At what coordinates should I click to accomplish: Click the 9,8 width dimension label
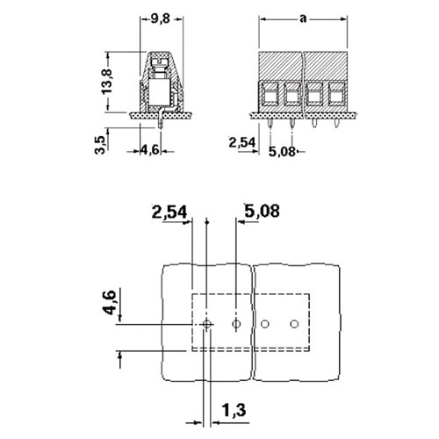tap(161, 19)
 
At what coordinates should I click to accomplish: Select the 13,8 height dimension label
tap(107, 82)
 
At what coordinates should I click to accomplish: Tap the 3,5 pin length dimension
tap(100, 145)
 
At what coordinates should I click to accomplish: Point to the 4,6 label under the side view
tap(150, 150)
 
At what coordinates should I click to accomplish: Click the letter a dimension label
tap(303, 18)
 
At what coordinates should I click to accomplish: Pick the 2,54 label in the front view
tap(242, 142)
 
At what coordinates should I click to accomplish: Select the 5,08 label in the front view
tap(282, 151)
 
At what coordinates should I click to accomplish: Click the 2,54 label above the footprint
tap(169, 212)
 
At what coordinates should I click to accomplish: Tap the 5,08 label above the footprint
tap(262, 211)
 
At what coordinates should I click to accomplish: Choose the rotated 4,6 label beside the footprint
tap(111, 302)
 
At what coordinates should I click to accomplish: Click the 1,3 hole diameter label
tap(234, 410)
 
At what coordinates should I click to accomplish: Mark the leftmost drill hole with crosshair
tap(207, 324)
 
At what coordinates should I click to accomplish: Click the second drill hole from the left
tap(236, 324)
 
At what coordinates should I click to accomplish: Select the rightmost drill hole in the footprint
tap(294, 324)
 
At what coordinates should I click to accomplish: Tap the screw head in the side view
tap(160, 62)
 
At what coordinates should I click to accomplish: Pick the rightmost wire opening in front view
tap(336, 95)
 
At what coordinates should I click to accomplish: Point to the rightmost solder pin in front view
tap(336, 124)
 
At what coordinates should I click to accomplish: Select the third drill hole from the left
tap(265, 324)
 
